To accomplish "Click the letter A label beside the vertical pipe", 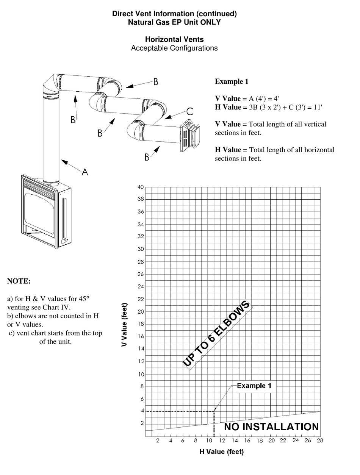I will click(85, 172).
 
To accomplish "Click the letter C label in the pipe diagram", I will click(189, 111).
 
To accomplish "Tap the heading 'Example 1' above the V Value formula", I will click(232, 81).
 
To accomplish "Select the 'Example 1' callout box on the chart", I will click(254, 386).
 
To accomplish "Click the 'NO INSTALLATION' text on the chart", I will click(271, 427).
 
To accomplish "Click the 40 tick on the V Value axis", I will click(141, 187).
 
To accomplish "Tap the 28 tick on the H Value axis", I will click(320, 441).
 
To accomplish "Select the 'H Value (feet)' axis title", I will click(222, 452).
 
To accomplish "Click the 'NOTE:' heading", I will click(19, 281).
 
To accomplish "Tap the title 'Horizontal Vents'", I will click(174, 39).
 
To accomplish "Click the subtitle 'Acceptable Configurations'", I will click(174, 48).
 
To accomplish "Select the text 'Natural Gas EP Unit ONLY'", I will click(174, 22).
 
